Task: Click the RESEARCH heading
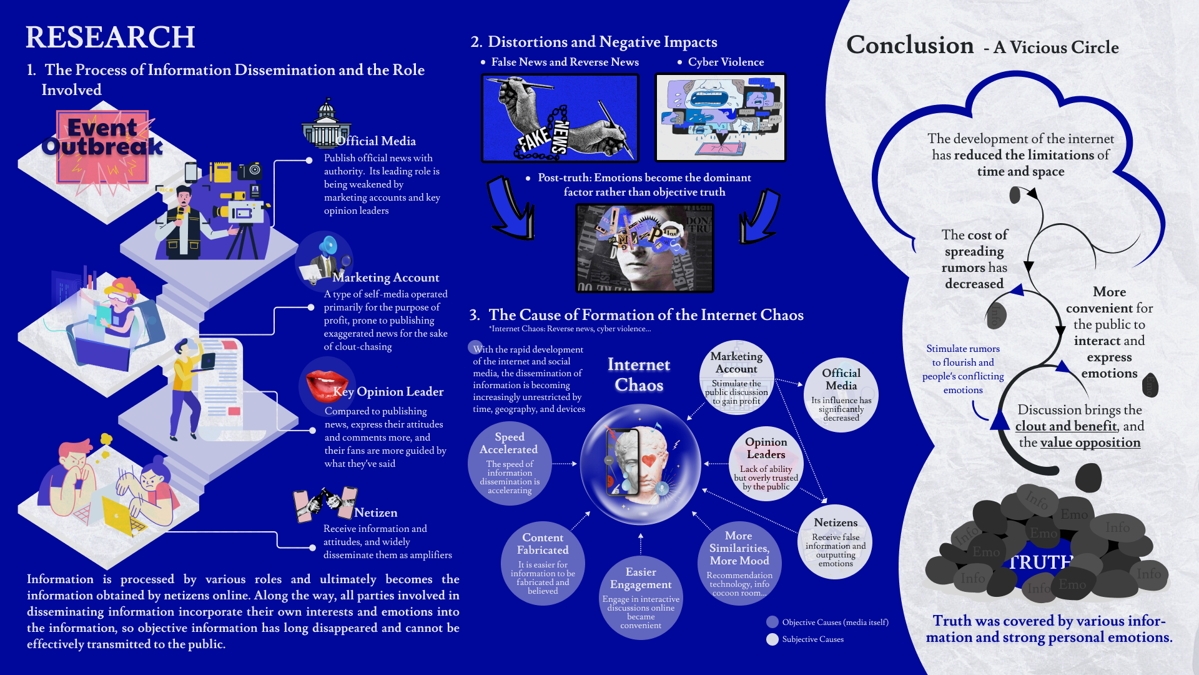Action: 110,37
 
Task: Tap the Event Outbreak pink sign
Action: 102,147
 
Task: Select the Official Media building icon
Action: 325,124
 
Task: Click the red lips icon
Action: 326,384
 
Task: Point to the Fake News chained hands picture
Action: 560,118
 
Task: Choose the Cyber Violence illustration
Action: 720,118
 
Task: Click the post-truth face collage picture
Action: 644,248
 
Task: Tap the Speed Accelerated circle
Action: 510,463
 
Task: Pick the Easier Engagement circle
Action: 641,597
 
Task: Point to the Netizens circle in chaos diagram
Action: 836,542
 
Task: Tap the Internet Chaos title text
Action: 639,374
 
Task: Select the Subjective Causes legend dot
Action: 772,639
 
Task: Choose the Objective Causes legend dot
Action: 772,622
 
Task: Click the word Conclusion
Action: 910,45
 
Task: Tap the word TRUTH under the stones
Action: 1040,562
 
